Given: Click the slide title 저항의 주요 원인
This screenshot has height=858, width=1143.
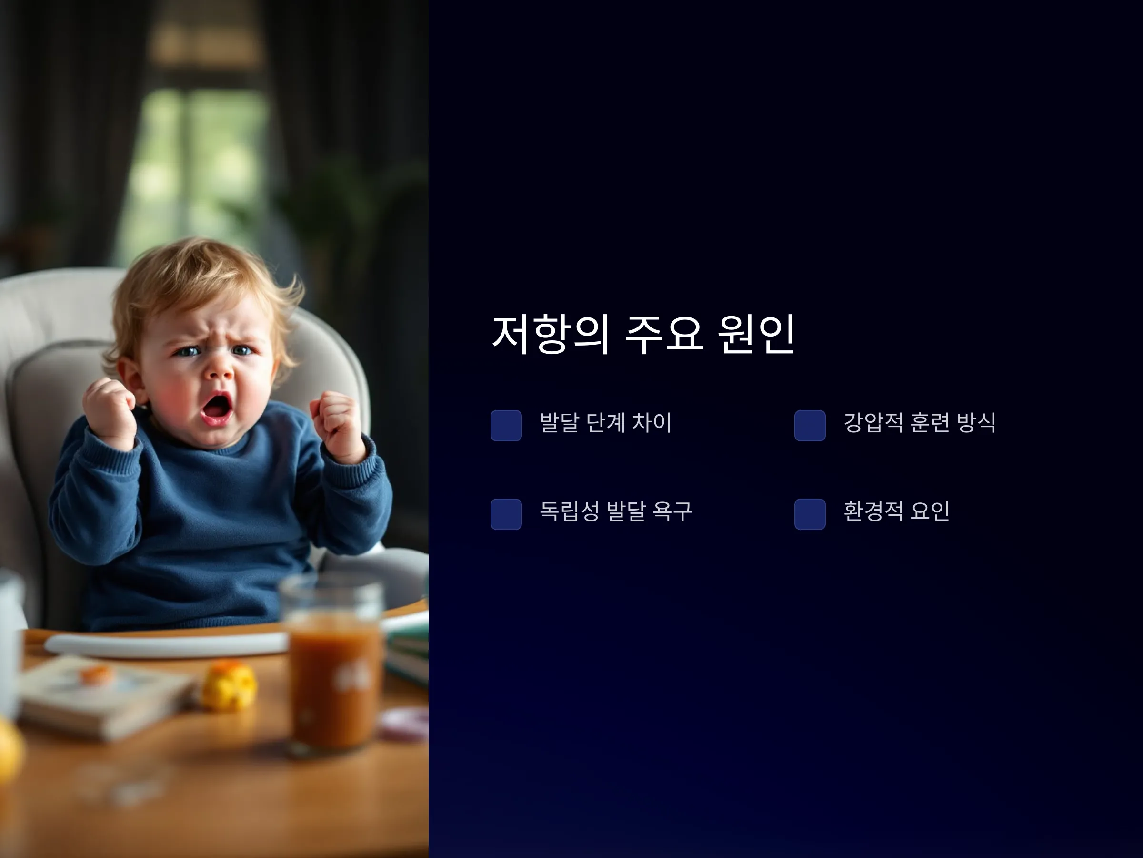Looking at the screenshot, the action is (643, 334).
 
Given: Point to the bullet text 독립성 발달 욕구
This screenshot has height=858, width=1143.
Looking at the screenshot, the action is (616, 511).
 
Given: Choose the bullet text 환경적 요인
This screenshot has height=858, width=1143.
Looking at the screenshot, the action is (896, 511).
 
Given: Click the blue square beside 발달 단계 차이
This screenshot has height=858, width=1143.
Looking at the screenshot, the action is (506, 426).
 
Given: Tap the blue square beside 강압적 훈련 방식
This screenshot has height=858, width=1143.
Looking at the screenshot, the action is (810, 426).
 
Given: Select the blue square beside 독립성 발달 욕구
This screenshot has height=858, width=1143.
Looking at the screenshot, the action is (506, 514).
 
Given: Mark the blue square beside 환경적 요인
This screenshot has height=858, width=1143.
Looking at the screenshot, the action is (810, 514).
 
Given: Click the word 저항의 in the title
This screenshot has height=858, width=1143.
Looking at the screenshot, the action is (551, 334).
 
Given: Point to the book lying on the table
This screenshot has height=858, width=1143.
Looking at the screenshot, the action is (106, 695).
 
